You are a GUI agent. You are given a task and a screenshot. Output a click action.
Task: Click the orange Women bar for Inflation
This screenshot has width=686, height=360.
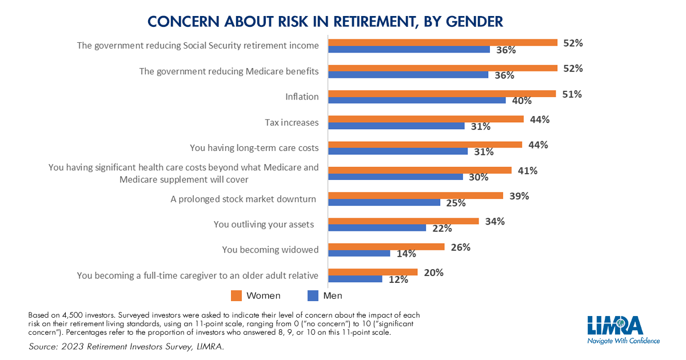(441, 93)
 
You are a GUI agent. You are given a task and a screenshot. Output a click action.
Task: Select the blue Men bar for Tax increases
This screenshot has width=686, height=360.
(396, 126)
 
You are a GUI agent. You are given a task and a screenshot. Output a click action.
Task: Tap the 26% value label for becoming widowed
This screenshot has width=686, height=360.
(460, 247)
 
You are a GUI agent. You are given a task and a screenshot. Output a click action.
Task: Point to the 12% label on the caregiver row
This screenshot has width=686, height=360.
(398, 279)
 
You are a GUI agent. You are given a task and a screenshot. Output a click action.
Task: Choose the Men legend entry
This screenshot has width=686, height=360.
(325, 295)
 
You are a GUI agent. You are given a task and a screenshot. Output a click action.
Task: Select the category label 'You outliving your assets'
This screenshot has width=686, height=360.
(264, 224)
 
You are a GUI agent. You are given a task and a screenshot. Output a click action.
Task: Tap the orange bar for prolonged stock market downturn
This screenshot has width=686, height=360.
(416, 195)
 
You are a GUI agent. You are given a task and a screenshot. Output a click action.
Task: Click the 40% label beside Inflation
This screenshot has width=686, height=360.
(521, 101)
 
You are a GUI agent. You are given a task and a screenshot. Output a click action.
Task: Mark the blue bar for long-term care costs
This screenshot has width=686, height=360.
(398, 151)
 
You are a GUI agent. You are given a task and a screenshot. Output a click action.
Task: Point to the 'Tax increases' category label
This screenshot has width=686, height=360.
(292, 122)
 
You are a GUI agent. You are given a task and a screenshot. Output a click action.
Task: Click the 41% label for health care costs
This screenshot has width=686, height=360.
(528, 170)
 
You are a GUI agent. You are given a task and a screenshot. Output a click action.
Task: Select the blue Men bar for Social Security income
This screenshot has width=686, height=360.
(409, 50)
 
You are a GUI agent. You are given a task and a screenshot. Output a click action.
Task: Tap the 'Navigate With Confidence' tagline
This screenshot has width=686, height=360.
(623, 341)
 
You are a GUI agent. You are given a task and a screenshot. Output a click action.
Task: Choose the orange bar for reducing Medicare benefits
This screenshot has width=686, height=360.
(442, 68)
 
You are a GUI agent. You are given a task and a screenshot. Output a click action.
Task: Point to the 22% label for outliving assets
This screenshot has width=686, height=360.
(442, 229)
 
